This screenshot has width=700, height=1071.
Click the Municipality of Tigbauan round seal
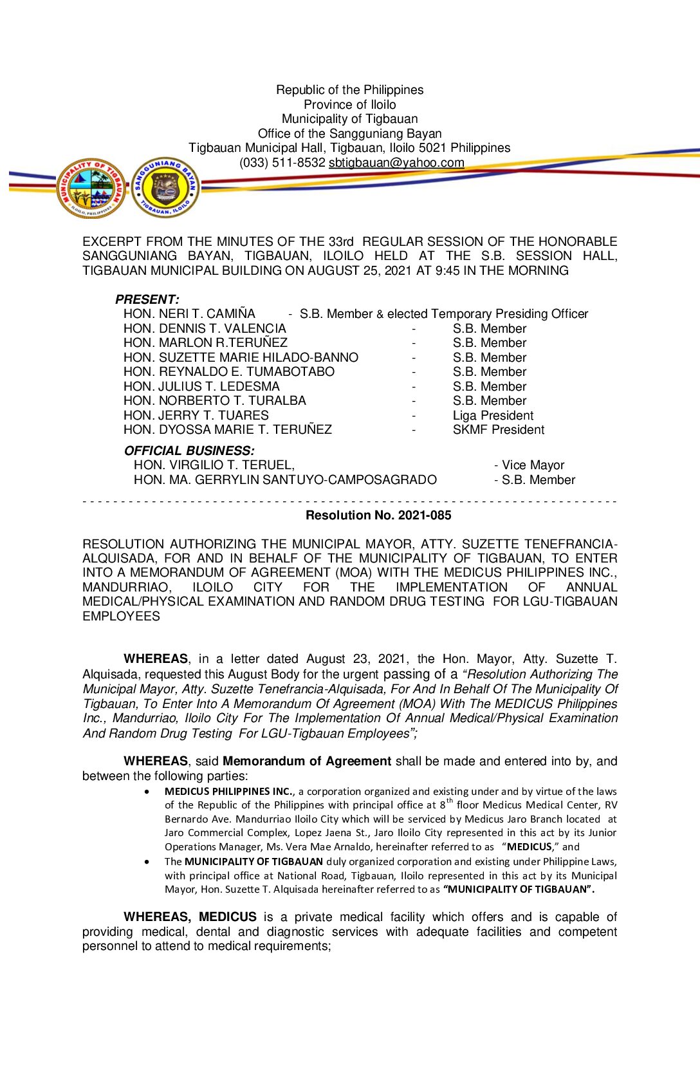click(x=91, y=188)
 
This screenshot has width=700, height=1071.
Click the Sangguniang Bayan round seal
click(x=165, y=187)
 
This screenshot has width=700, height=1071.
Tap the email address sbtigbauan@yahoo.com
click(x=396, y=163)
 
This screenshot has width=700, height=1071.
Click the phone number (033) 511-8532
click(x=282, y=163)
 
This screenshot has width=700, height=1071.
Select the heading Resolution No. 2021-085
click(x=378, y=516)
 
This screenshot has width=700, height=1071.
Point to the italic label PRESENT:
click(x=147, y=299)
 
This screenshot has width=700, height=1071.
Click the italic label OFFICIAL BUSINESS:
click(x=189, y=451)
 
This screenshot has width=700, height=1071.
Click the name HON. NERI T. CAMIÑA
click(x=189, y=314)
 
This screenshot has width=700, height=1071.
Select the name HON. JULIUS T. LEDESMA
click(x=201, y=387)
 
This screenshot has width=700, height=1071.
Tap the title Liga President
click(x=493, y=416)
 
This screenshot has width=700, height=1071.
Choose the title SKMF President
click(x=498, y=430)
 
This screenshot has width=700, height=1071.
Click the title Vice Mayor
click(x=533, y=465)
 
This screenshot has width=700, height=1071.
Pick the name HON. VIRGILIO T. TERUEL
click(x=214, y=465)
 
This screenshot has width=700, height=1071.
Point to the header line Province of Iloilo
click(x=349, y=105)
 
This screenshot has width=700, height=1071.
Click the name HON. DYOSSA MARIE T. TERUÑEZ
click(x=228, y=430)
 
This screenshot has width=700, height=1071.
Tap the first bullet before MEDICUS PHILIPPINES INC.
click(x=148, y=792)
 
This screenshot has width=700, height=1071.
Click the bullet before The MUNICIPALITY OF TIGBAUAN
click(x=148, y=862)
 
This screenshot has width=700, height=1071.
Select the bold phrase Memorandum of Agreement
click(x=307, y=761)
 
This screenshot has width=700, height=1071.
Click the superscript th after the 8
click(x=450, y=801)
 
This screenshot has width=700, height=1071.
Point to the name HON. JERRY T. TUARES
click(x=196, y=416)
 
